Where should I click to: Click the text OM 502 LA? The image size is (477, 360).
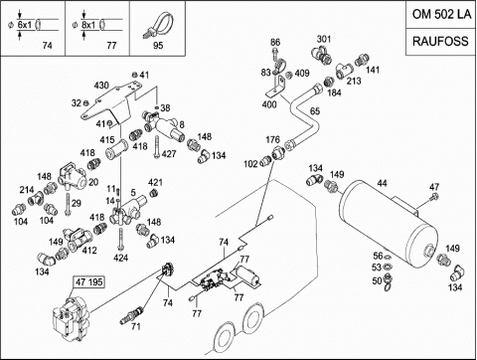coord(441,14)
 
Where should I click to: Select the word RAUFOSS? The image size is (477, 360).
coord(440,41)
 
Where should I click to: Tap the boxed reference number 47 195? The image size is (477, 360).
coord(89,282)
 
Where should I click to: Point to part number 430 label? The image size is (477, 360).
coord(101,86)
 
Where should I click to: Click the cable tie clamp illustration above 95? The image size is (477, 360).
coord(158,25)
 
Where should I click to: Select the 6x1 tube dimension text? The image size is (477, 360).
coord(24,25)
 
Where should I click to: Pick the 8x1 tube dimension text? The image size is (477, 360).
coord(88,25)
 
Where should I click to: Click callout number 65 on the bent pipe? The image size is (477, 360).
coord(315,111)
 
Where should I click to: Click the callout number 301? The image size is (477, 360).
coord(324,39)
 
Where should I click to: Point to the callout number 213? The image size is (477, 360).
coord(354,81)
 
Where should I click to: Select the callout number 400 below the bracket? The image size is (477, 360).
coord(269,104)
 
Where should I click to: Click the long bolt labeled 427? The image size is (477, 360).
coord(157,147)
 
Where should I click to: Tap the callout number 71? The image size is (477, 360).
coord(135,326)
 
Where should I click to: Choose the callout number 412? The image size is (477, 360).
coord(89,251)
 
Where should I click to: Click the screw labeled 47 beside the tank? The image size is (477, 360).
coord(434,197)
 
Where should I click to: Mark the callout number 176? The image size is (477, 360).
coord(272,139)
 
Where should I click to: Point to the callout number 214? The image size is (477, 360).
coord(27,190)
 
